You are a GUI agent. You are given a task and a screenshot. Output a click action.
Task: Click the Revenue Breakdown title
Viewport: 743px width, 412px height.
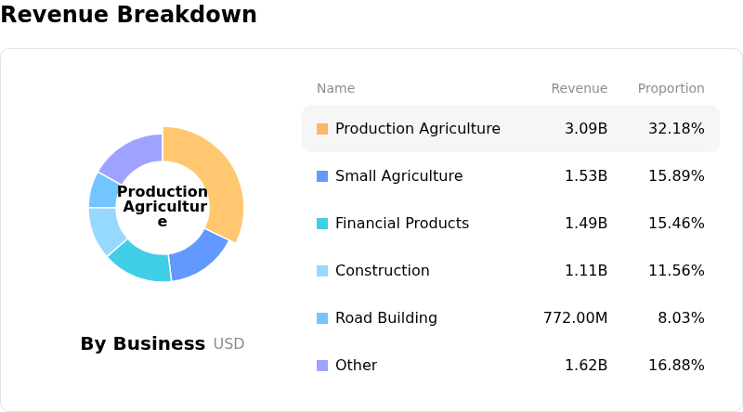coord(128,15)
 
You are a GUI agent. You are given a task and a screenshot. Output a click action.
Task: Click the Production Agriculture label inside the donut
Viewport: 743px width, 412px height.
coord(163,206)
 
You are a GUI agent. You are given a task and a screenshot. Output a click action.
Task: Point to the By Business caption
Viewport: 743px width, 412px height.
coord(142,344)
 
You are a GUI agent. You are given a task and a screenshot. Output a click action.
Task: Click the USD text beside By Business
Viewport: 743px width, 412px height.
coord(228,344)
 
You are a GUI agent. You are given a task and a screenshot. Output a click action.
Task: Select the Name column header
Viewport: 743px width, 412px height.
coord(335,89)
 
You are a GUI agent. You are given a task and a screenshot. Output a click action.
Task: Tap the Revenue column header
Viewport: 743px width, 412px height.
coord(579,89)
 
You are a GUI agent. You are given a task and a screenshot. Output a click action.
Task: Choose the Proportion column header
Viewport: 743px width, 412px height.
coord(671,89)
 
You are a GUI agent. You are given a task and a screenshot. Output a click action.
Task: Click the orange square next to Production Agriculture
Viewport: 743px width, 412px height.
coord(322,129)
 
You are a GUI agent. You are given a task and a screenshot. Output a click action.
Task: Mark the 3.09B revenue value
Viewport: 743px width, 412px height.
coord(586,129)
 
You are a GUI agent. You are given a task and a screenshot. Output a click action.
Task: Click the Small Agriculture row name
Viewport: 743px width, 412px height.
coord(398,176)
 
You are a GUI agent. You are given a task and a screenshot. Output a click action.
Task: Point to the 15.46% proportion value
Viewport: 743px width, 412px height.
coord(676,224)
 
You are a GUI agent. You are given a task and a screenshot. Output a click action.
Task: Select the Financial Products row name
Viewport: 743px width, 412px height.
coord(401,224)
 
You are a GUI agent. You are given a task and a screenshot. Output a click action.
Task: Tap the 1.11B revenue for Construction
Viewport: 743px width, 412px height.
coord(586,271)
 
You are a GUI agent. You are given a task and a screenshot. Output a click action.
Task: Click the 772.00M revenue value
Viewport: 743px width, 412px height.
coord(575,318)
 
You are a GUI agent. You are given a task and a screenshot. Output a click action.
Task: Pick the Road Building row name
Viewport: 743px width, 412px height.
coord(385,318)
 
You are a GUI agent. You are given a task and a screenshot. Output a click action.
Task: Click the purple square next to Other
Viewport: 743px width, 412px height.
coord(322,366)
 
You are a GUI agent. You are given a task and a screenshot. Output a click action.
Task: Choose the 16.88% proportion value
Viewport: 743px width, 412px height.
coord(676,366)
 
